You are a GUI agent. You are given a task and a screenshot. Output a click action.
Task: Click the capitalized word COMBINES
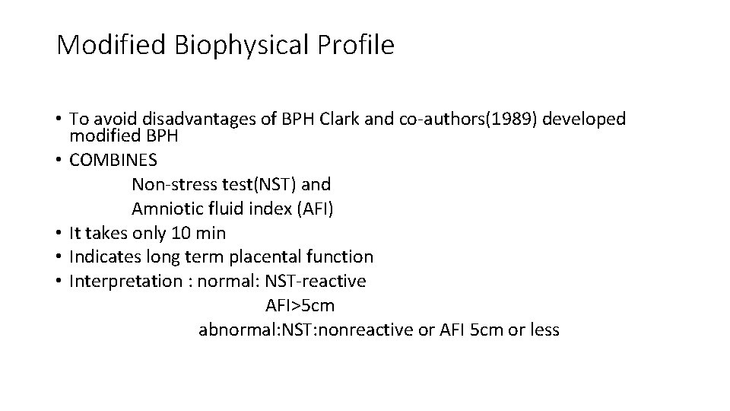click(x=114, y=161)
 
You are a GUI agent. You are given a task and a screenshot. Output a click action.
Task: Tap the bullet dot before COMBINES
click(x=59, y=161)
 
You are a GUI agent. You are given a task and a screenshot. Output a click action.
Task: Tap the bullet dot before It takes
click(x=59, y=233)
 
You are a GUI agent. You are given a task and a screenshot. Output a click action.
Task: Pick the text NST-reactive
click(x=315, y=282)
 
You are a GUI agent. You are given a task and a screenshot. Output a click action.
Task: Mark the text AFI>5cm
click(x=300, y=306)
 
